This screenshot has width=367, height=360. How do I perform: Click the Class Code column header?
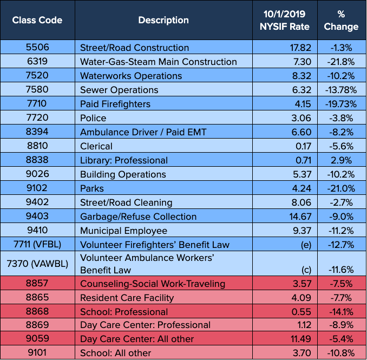coord(37,21)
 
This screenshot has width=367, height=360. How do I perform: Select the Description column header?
coord(163,21)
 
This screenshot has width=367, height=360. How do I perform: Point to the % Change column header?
coord(342,20)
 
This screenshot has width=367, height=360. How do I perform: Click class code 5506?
coord(37,48)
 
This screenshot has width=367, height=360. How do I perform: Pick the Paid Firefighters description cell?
coord(115,104)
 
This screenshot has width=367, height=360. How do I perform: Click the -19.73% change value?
coord(342,104)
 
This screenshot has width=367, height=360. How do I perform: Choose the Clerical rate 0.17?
coord(303,146)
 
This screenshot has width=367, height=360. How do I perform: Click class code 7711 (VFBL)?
coord(37,245)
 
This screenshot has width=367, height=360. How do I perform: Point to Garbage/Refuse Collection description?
coord(138,217)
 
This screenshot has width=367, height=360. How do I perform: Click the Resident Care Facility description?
coord(127,298)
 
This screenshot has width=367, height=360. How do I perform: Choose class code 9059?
coord(37,339)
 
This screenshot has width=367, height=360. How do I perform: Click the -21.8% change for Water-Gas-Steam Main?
coord(342,62)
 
